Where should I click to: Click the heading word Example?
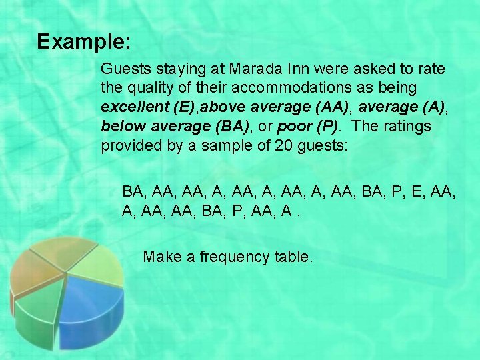84,42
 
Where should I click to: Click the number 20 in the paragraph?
283,146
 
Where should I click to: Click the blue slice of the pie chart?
93,307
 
